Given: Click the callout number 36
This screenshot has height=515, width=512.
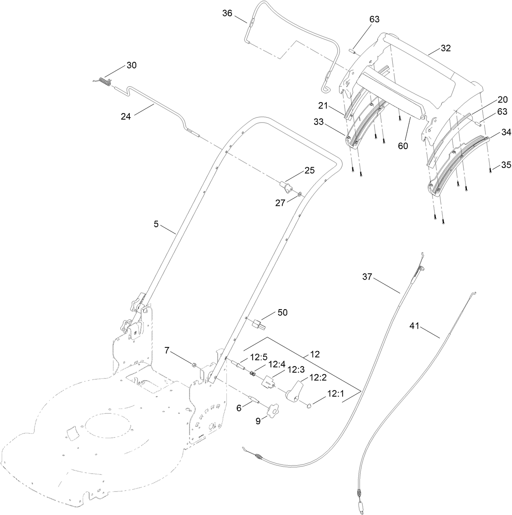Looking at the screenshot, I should (227, 13).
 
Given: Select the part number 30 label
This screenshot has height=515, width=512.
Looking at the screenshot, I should (131, 65).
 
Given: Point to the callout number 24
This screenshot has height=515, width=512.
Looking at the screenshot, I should (126, 116).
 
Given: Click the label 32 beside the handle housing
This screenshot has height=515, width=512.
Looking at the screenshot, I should (446, 48).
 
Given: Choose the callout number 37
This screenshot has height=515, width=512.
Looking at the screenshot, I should (367, 277).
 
